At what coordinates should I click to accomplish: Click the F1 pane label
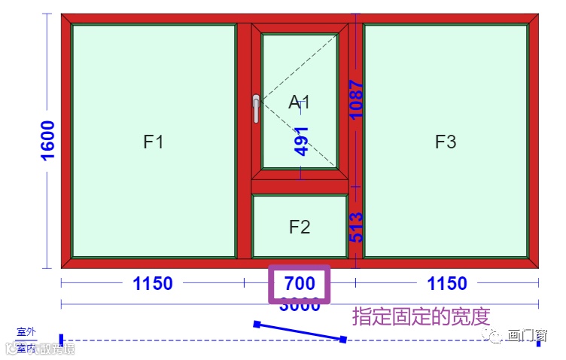(154, 142)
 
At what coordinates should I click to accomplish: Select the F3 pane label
(446, 142)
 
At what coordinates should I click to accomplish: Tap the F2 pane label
(300, 227)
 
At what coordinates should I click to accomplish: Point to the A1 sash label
(300, 102)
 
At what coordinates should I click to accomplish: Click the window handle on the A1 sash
(256, 108)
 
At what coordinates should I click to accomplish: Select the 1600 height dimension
(47, 140)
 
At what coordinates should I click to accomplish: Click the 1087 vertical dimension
(356, 99)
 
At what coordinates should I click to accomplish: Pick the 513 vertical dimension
(356, 227)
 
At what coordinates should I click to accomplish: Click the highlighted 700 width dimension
(299, 284)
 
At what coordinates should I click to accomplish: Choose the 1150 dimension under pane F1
(153, 284)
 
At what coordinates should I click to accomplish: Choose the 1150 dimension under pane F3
(447, 284)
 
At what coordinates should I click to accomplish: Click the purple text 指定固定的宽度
(421, 316)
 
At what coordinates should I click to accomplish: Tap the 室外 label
(26, 331)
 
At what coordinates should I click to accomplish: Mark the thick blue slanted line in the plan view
(300, 332)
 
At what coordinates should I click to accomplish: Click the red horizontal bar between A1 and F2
(300, 186)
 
